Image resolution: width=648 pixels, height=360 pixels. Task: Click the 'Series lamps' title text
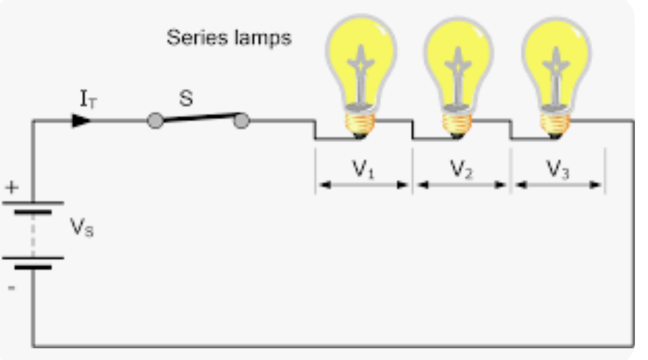coord(229,37)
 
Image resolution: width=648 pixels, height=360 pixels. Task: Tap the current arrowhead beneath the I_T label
coord(81,121)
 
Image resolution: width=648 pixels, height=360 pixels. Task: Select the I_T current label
coord(88,101)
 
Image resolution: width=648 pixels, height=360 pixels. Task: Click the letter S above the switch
coord(185,99)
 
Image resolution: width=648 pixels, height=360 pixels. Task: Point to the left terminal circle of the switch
coord(155,121)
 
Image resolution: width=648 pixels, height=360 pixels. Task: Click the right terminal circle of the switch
coord(241,121)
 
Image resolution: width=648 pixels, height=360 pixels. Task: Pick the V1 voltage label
coord(363,169)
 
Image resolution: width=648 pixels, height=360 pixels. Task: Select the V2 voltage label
coord(461,169)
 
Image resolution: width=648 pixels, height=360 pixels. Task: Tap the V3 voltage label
coord(558,169)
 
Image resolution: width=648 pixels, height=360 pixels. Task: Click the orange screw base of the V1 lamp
coord(361,123)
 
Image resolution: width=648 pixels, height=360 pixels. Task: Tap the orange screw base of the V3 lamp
coord(556,123)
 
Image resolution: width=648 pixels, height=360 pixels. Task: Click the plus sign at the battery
coord(12,187)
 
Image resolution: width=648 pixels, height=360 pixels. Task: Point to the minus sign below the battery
coord(12,286)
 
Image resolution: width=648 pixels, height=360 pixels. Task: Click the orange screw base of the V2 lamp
coord(458,123)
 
